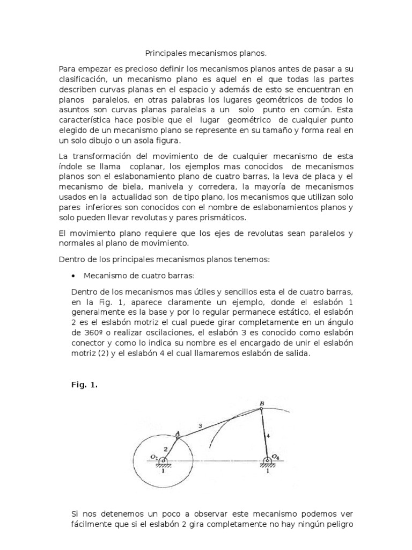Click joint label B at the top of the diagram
point(262,403)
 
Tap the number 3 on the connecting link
point(200,426)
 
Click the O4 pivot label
point(276,457)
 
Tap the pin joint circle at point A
point(178,438)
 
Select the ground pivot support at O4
point(267,462)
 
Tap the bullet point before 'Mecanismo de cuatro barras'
point(73,276)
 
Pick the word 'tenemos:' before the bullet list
point(254,259)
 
